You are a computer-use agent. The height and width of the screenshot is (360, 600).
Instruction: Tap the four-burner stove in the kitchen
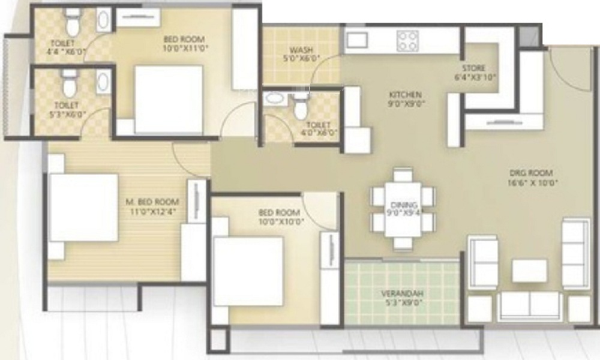tap(407, 41)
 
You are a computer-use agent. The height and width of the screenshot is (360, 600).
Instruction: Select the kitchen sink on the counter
tap(356, 40)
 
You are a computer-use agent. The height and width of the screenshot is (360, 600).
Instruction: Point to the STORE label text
tap(474, 68)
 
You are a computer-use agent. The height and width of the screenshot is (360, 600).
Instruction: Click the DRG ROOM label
tap(531, 173)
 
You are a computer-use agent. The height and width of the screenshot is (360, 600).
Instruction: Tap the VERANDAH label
tap(402, 294)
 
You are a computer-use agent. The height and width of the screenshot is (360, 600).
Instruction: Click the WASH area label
tap(301, 50)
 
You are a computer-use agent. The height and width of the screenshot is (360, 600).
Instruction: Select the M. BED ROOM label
tap(152, 202)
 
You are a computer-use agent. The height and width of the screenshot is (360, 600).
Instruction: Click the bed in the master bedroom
tap(84, 208)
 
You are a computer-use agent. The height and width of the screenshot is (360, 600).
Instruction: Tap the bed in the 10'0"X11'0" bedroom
tap(169, 100)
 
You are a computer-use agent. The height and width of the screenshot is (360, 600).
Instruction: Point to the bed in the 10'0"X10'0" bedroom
tap(249, 271)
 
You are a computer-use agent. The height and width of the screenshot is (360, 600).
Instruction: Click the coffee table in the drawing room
tap(530, 271)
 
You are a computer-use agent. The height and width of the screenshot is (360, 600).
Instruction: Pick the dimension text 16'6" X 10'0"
tap(532, 183)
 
